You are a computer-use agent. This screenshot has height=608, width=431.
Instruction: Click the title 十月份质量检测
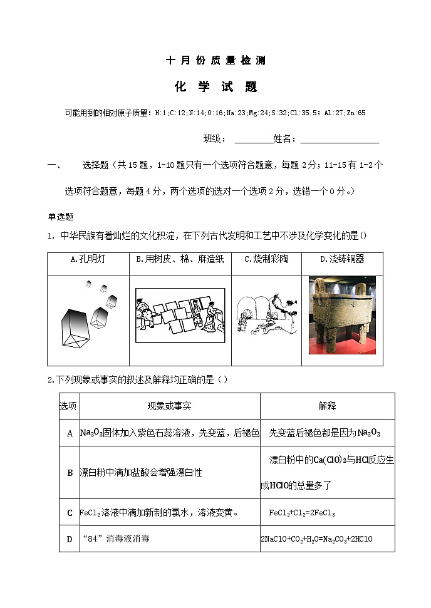pyautogui.click(x=215, y=61)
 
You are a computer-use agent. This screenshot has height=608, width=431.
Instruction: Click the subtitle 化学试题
pyautogui.click(x=215, y=87)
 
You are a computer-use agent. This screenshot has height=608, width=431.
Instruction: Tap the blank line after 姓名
pyautogui.click(x=339, y=139)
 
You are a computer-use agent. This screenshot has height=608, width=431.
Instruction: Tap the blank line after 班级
pyautogui.click(x=253, y=139)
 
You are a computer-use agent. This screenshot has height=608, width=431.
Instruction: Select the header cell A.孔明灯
pyautogui.click(x=88, y=259)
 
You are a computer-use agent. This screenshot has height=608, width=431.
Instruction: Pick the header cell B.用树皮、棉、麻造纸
pyautogui.click(x=180, y=259)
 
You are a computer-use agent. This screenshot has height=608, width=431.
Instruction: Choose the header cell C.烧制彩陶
pyautogui.click(x=266, y=259)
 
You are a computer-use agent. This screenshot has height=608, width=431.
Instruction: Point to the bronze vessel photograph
pyautogui.click(x=342, y=315)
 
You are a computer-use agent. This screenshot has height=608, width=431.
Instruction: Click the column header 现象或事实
pyautogui.click(x=169, y=406)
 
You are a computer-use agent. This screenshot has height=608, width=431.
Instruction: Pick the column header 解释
pyautogui.click(x=327, y=406)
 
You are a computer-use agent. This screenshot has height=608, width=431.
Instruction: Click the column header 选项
pyautogui.click(x=68, y=406)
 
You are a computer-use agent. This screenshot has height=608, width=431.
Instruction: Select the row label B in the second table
pyautogui.click(x=70, y=473)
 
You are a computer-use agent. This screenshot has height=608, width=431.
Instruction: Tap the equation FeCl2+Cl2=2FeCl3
pyautogui.click(x=302, y=513)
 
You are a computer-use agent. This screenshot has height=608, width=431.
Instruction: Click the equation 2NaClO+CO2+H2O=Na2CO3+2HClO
pyautogui.click(x=316, y=538)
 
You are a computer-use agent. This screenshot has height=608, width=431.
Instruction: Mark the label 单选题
pyautogui.click(x=61, y=217)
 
